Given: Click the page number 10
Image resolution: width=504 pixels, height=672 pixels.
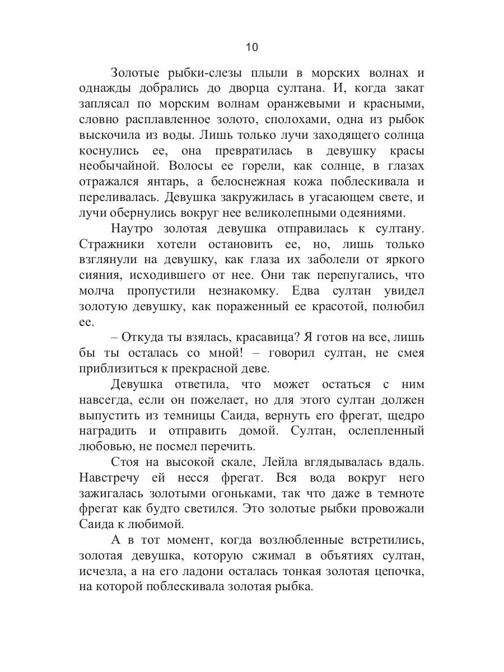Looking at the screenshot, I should [x=252, y=47].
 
